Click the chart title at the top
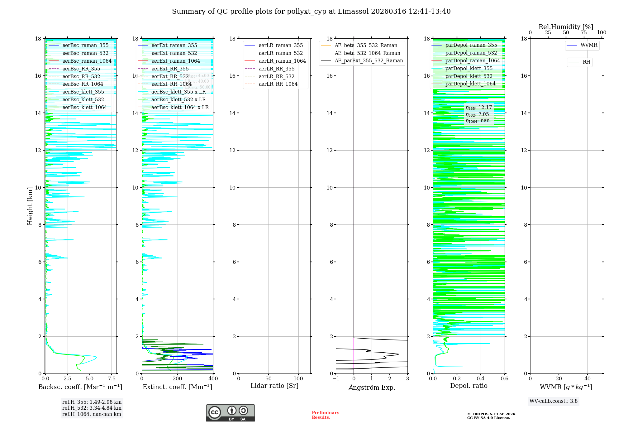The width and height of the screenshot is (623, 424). (x=311, y=12)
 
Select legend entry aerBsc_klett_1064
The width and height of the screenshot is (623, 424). (x=84, y=107)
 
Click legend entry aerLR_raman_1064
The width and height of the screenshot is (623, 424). (x=282, y=61)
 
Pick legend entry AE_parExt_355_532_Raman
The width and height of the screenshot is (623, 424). (x=369, y=61)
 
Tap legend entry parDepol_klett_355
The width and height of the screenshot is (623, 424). (x=469, y=68)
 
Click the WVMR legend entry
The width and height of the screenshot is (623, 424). (x=589, y=45)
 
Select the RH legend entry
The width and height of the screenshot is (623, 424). (x=586, y=62)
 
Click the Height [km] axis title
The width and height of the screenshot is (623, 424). (x=30, y=206)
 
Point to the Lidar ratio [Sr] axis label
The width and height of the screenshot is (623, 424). (x=274, y=386)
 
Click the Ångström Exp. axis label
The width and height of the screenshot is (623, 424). (x=372, y=387)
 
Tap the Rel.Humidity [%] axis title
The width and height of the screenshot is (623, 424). (x=566, y=27)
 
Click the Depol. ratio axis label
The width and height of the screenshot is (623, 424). (x=468, y=386)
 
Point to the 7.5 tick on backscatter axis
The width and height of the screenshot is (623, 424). (x=112, y=379)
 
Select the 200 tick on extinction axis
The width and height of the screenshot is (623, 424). (x=178, y=379)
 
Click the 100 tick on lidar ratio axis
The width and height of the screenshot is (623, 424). (x=298, y=379)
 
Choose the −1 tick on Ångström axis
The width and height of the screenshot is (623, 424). (x=336, y=379)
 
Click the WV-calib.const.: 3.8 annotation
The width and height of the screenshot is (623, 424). (x=554, y=401)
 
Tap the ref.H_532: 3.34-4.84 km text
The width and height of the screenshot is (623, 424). (x=92, y=408)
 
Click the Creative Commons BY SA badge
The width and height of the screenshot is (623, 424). (x=230, y=413)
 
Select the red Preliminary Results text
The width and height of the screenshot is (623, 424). (x=325, y=415)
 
